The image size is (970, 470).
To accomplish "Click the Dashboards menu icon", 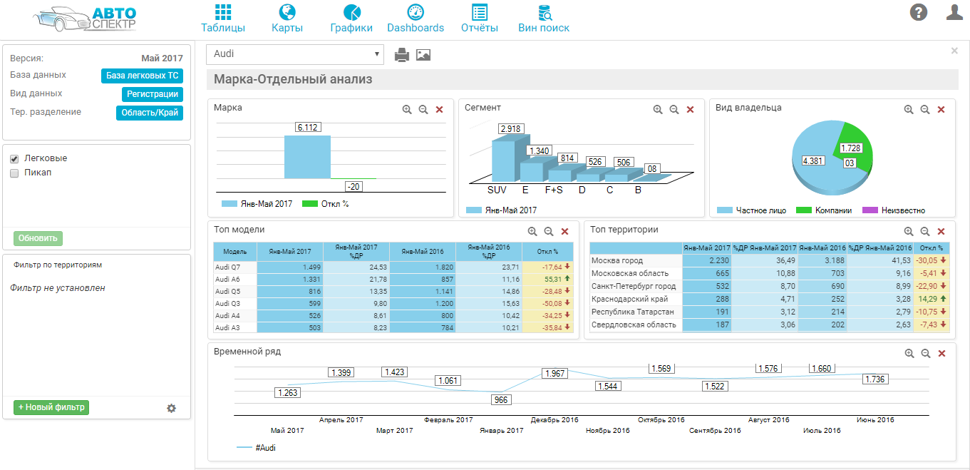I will pyautogui.click(x=416, y=12).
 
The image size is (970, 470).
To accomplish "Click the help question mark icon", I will pyautogui.click(x=919, y=12).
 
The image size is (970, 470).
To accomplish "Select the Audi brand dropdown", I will pyautogui.click(x=295, y=54).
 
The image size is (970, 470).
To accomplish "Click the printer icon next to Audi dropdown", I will pyautogui.click(x=402, y=55).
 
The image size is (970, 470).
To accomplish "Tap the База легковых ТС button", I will pyautogui.click(x=142, y=76).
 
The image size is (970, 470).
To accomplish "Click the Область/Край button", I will pyautogui.click(x=150, y=113).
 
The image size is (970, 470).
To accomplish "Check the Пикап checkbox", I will pyautogui.click(x=14, y=173).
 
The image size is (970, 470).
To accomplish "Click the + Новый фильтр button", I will pyautogui.click(x=51, y=407).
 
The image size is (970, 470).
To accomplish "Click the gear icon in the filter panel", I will pyautogui.click(x=171, y=408).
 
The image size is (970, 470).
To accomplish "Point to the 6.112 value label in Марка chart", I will pyautogui.click(x=307, y=127).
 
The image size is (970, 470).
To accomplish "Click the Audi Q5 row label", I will pyautogui.click(x=228, y=291).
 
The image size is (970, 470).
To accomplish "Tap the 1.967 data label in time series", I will pyautogui.click(x=554, y=374).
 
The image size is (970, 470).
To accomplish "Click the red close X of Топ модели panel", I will pyautogui.click(x=564, y=232).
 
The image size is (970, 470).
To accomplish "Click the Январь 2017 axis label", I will pyautogui.click(x=502, y=430).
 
